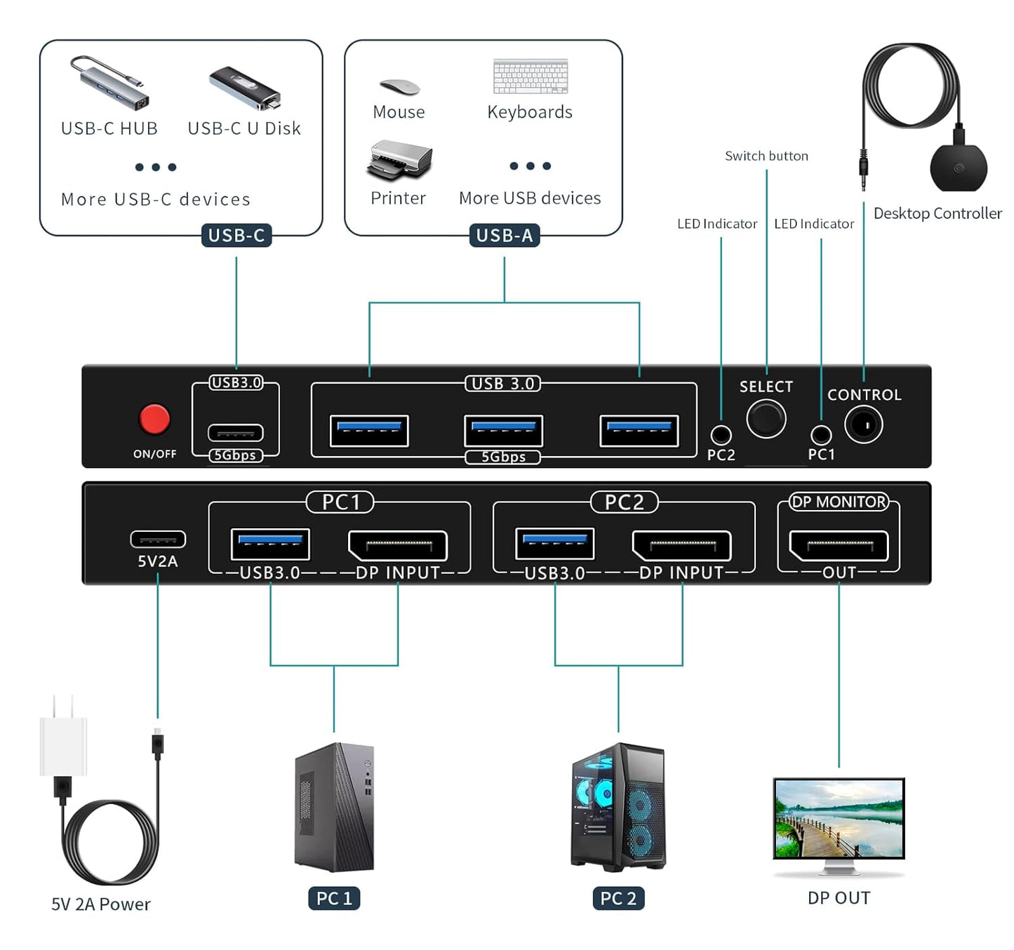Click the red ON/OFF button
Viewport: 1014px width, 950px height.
[154, 420]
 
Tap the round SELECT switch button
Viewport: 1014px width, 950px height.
[766, 419]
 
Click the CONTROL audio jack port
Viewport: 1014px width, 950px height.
[864, 425]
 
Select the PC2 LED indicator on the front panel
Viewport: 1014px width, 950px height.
[721, 435]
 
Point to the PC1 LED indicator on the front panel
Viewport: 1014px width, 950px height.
[821, 435]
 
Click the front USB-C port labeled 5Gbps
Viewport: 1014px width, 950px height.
[236, 433]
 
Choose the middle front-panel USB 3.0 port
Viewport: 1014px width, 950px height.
[503, 431]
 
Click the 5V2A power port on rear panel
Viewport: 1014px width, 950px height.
[158, 539]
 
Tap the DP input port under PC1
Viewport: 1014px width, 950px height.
[398, 545]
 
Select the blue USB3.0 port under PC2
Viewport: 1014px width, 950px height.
[555, 543]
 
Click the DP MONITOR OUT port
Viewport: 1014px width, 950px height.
[839, 545]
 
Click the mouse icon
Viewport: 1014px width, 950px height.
[399, 87]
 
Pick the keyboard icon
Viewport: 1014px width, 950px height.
[531, 76]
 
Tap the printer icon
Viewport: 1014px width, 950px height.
[399, 160]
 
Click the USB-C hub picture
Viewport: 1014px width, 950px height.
[109, 83]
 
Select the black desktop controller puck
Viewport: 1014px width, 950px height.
[959, 166]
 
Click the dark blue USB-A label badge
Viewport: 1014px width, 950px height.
[504, 236]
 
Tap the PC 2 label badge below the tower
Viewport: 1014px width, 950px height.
[618, 898]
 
